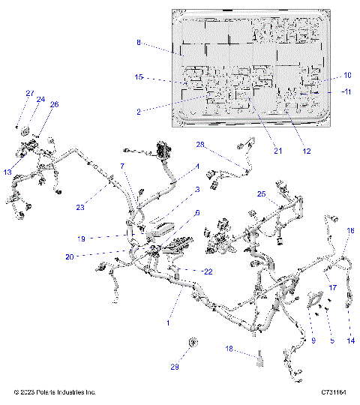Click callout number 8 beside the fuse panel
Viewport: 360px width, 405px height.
click(139, 43)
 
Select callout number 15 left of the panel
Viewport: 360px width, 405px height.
click(139, 77)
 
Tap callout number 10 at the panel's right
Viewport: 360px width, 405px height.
click(347, 75)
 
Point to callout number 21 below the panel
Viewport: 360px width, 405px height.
click(277, 151)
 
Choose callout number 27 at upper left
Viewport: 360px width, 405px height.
click(30, 93)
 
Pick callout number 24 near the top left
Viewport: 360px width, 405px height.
click(41, 100)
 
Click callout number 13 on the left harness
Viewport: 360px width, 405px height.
click(7, 172)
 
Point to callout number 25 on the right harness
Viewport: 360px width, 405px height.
click(261, 193)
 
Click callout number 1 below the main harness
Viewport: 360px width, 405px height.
click(168, 322)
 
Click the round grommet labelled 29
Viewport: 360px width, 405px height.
click(193, 343)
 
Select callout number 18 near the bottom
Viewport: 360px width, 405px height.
click(231, 349)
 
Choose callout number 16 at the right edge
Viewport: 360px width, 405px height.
click(349, 232)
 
